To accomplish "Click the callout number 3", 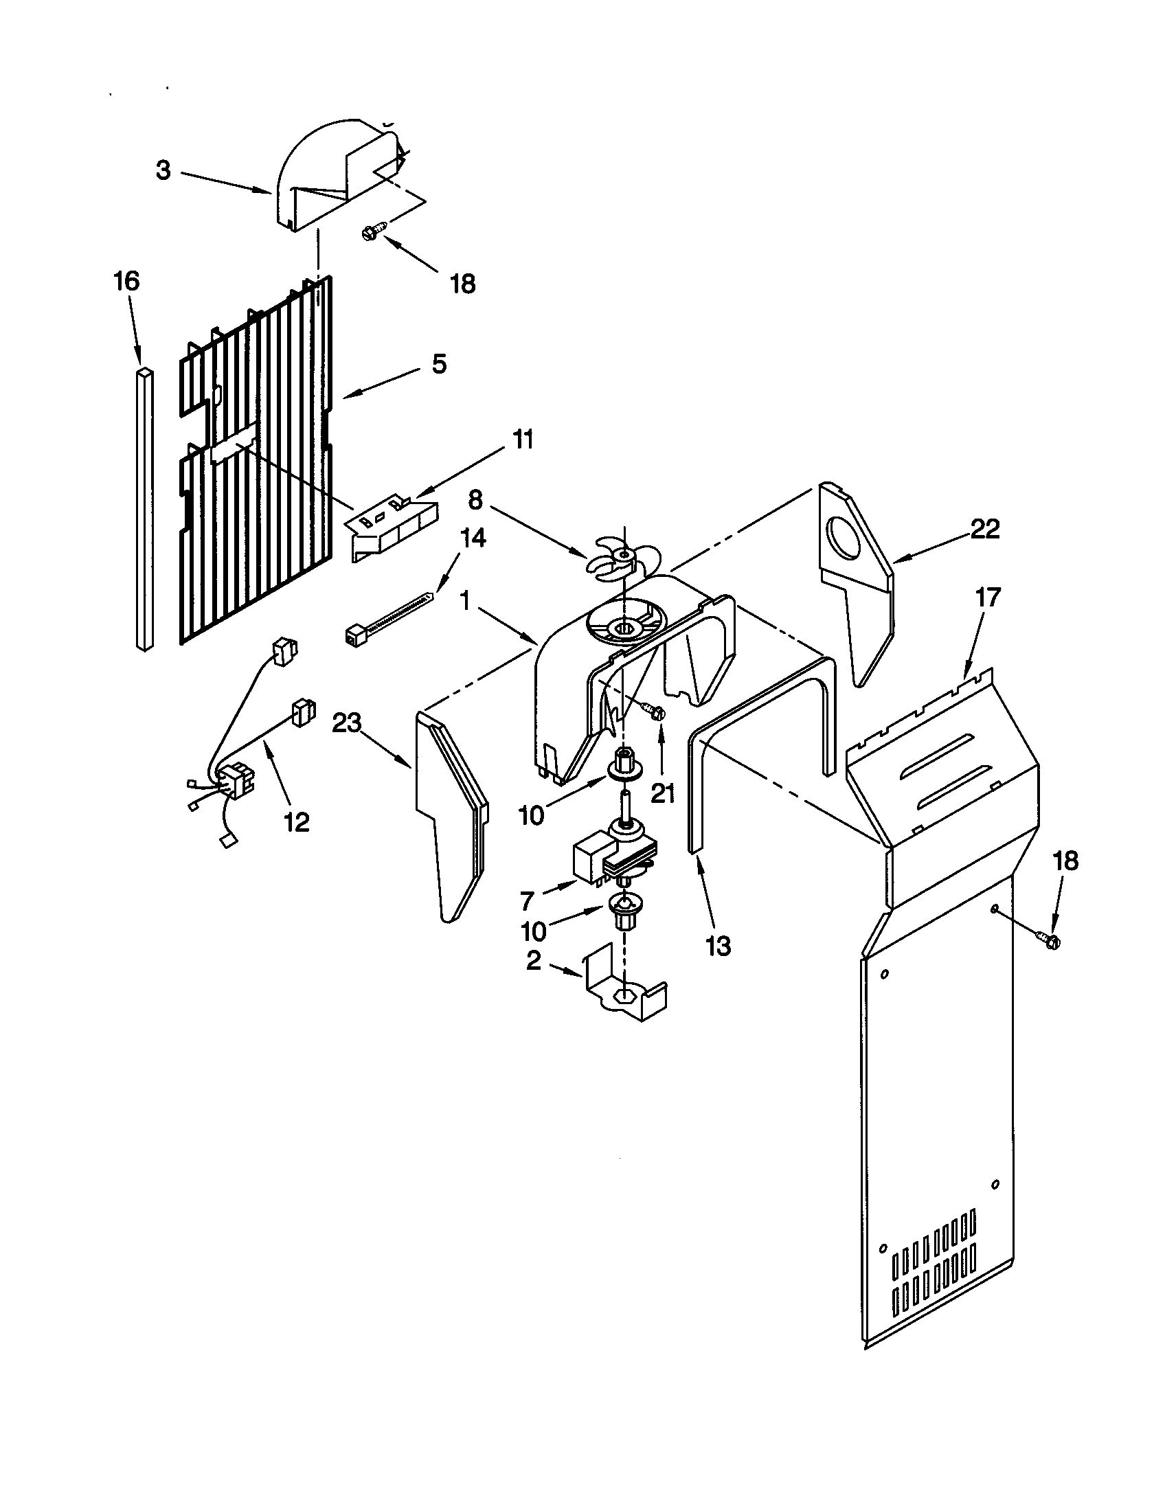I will click(x=163, y=170).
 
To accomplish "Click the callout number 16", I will click(x=126, y=282).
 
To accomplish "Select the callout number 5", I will click(x=440, y=365).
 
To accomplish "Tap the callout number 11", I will click(x=522, y=440).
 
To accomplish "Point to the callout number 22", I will click(x=985, y=530).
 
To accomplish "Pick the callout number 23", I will click(x=348, y=723).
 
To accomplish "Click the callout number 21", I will click(x=662, y=793).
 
